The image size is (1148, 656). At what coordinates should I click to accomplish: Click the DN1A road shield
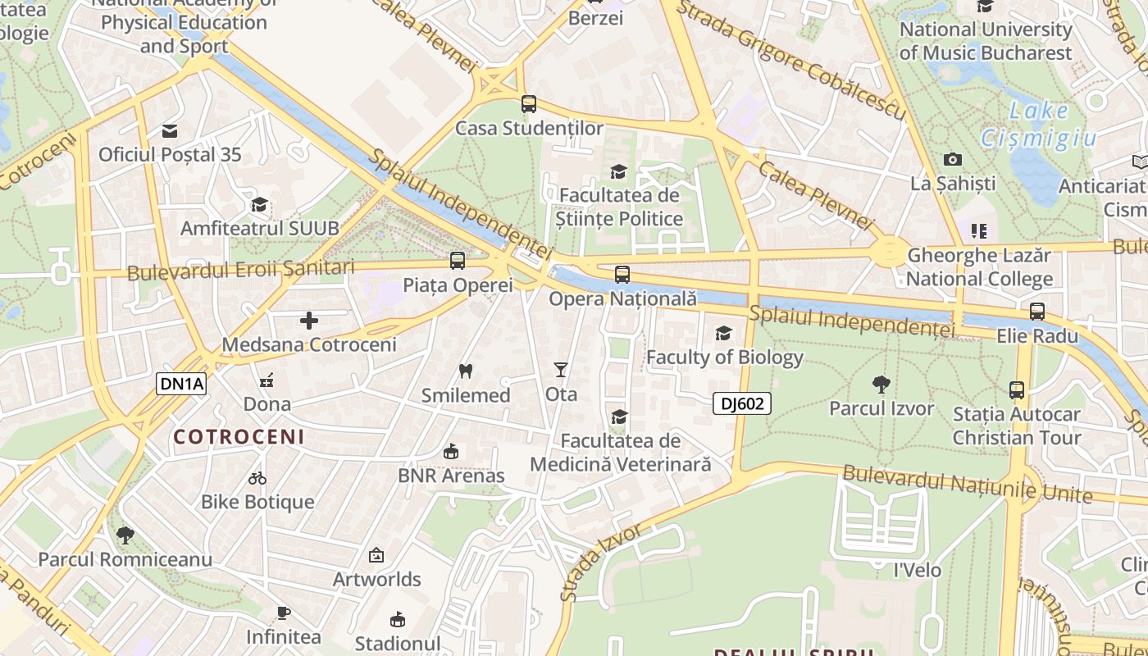(x=181, y=383)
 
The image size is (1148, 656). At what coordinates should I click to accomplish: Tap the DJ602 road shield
(x=741, y=403)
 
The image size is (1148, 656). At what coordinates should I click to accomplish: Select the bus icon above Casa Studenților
(x=529, y=104)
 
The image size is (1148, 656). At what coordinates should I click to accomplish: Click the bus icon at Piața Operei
(x=458, y=261)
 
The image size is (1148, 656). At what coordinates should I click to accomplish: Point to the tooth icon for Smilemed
(x=466, y=371)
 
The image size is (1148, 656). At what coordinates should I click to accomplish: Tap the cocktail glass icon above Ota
(x=561, y=370)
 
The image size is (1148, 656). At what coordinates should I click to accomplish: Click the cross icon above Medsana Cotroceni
(x=309, y=321)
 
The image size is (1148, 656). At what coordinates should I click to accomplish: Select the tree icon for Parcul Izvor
(x=881, y=384)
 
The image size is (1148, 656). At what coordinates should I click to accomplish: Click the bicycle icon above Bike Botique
(x=257, y=477)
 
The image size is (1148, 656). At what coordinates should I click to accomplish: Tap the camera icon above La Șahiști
(x=952, y=159)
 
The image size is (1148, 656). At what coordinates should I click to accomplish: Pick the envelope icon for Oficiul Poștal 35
(x=170, y=130)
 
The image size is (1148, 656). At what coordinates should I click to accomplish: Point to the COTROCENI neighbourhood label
(x=239, y=436)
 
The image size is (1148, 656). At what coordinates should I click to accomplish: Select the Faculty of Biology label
(x=725, y=358)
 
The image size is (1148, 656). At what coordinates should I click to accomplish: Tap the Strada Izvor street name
(x=600, y=563)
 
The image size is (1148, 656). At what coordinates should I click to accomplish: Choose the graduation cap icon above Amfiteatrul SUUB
(x=259, y=204)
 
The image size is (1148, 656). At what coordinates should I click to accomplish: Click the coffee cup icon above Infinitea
(x=283, y=613)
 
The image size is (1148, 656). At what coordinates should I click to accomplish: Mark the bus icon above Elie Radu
(x=1037, y=312)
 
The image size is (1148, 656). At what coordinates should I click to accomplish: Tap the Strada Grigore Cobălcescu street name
(x=791, y=59)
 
